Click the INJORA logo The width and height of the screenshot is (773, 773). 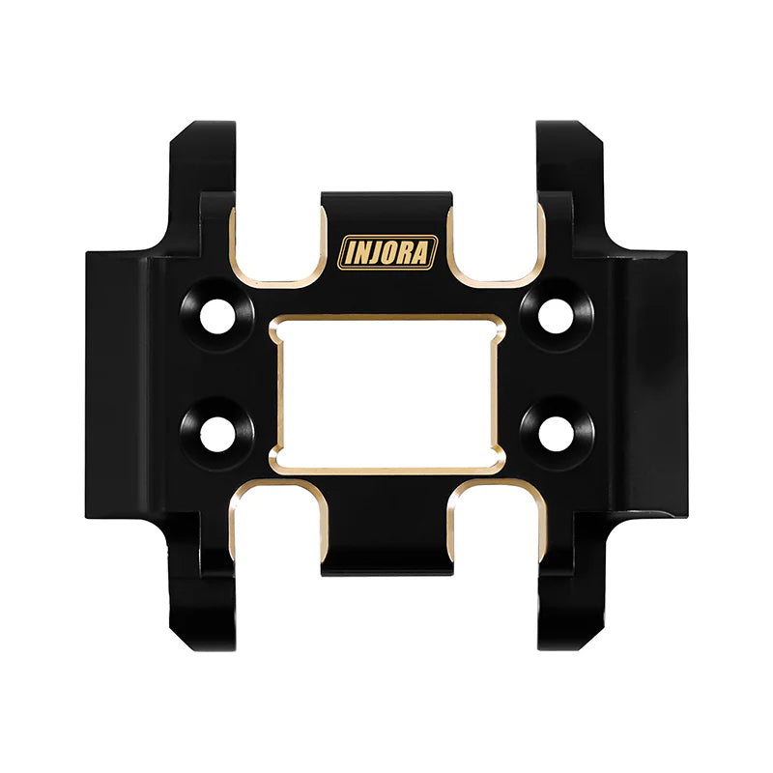[x=387, y=252]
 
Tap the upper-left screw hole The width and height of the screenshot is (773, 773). [x=216, y=316]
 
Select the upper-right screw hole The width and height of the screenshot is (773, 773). [x=556, y=316]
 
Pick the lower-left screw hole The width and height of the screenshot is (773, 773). [x=217, y=434]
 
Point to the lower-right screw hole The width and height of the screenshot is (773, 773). [x=557, y=434]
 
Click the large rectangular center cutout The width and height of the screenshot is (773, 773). [x=387, y=394]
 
